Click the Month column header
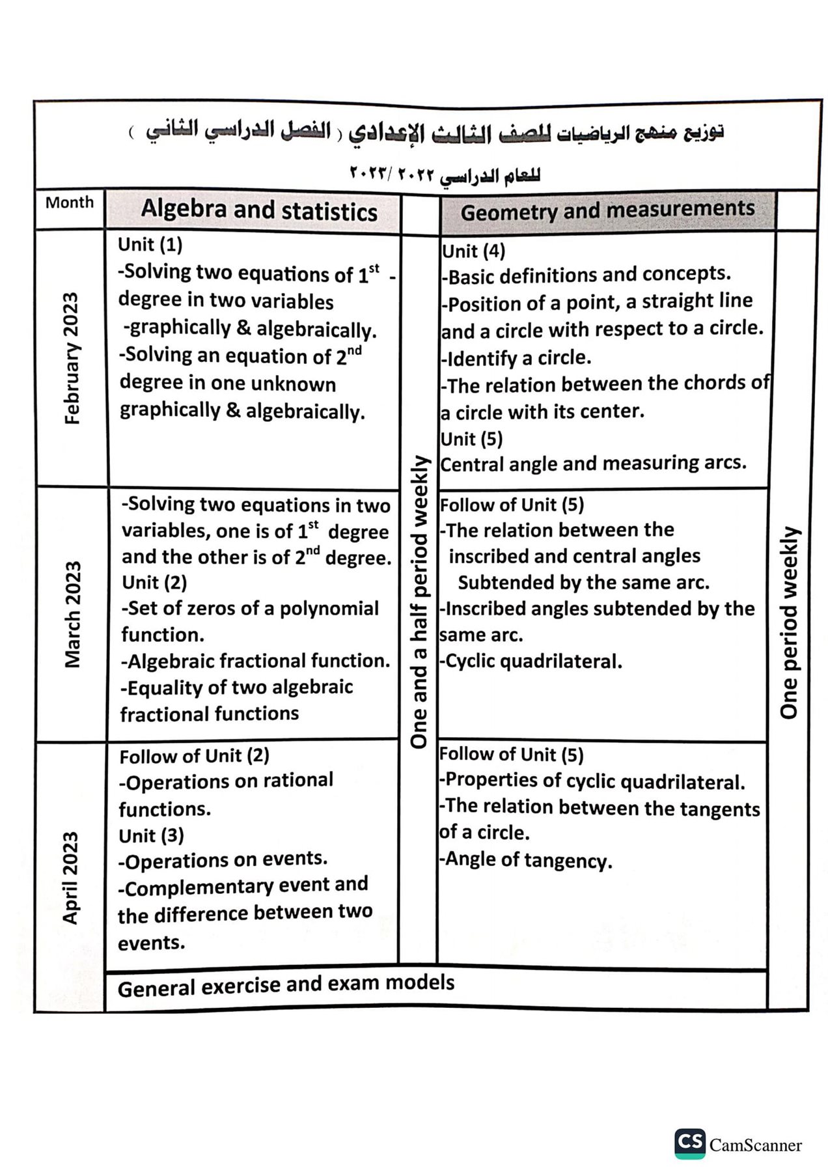70,202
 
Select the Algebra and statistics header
259,210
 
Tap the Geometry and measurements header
607,210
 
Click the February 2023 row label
72,358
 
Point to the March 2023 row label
73,614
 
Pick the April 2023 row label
70,877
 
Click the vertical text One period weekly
788,622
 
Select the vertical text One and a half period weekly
420,602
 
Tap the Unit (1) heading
150,245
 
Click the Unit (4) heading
473,251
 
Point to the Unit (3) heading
151,835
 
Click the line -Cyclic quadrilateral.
531,662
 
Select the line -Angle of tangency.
525,860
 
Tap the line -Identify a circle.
516,357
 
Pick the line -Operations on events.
223,860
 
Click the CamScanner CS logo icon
689,1143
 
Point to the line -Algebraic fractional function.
255,661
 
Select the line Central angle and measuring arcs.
593,464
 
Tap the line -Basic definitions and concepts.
586,275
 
